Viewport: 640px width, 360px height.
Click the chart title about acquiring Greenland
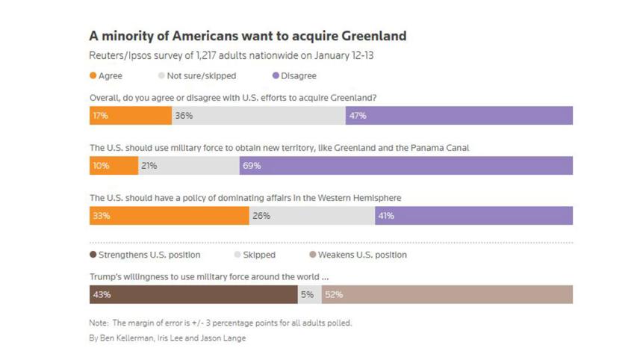(x=247, y=36)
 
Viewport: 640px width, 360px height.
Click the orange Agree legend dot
(x=93, y=75)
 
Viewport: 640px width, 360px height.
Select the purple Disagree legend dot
(x=276, y=75)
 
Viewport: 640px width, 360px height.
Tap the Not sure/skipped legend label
(x=201, y=75)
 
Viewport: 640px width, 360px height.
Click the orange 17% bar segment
(x=130, y=116)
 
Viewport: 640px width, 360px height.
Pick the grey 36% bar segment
(x=258, y=116)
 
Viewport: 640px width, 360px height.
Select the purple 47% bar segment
(x=459, y=116)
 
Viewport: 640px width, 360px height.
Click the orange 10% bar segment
(x=114, y=166)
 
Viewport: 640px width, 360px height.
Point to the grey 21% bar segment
(x=189, y=166)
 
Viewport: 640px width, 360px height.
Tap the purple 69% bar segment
(x=406, y=166)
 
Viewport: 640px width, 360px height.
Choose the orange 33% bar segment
(x=169, y=216)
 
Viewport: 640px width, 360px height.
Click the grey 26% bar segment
(x=311, y=216)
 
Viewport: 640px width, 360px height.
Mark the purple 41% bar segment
(x=473, y=216)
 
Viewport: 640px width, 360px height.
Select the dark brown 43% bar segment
(x=193, y=295)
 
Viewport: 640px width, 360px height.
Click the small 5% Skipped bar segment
(x=309, y=295)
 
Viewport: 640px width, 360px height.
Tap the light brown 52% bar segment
(x=447, y=295)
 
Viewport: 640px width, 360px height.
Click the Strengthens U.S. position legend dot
(x=93, y=255)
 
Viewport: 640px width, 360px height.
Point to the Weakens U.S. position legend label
(x=362, y=255)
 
